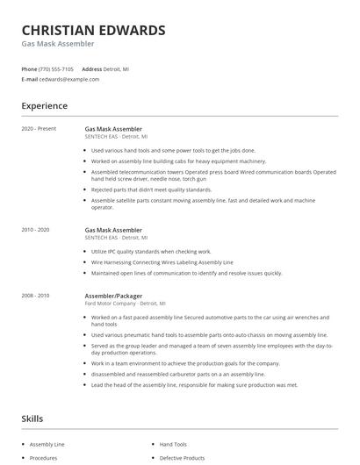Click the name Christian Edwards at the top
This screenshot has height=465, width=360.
pyautogui.click(x=93, y=30)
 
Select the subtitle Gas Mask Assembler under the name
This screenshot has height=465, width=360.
pyautogui.click(x=58, y=44)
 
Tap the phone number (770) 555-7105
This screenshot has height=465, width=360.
pyautogui.click(x=57, y=68)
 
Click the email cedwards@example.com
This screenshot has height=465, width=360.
pyautogui.click(x=69, y=79)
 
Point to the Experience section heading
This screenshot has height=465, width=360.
pyautogui.click(x=45, y=106)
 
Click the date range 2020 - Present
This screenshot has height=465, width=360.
pyautogui.click(x=39, y=129)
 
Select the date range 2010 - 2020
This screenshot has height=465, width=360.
pyautogui.click(x=37, y=230)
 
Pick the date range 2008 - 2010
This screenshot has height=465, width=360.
pyautogui.click(x=37, y=297)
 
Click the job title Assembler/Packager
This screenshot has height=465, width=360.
pyautogui.click(x=113, y=297)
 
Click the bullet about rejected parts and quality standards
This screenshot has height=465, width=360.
pyautogui.click(x=151, y=190)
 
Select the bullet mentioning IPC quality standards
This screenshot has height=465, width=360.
pyautogui.click(x=145, y=252)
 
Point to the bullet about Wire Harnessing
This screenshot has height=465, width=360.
pyautogui.click(x=150, y=262)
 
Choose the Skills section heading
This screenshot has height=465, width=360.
pyautogui.click(x=32, y=419)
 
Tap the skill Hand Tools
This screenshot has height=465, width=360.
pyautogui.click(x=174, y=445)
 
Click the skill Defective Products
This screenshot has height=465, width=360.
pyautogui.click(x=182, y=458)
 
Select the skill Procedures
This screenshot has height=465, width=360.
pyautogui.click(x=44, y=458)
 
